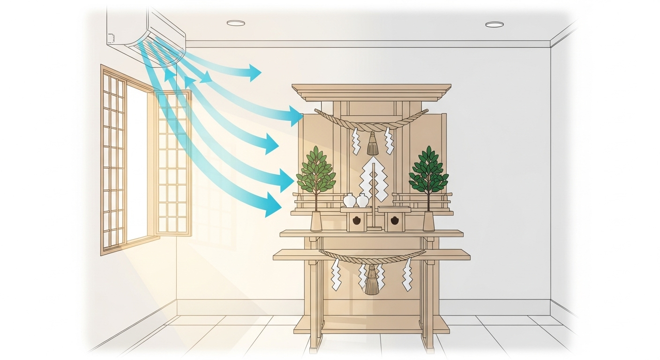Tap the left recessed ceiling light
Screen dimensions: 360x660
[x=236, y=23]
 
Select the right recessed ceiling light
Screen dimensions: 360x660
[x=494, y=24]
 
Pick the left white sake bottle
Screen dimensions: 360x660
[x=350, y=200]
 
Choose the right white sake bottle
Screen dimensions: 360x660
[x=362, y=200]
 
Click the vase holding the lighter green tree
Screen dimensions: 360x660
[x=316, y=221]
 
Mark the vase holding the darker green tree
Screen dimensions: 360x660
[x=428, y=221]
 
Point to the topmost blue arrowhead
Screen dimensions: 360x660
[x=255, y=72]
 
